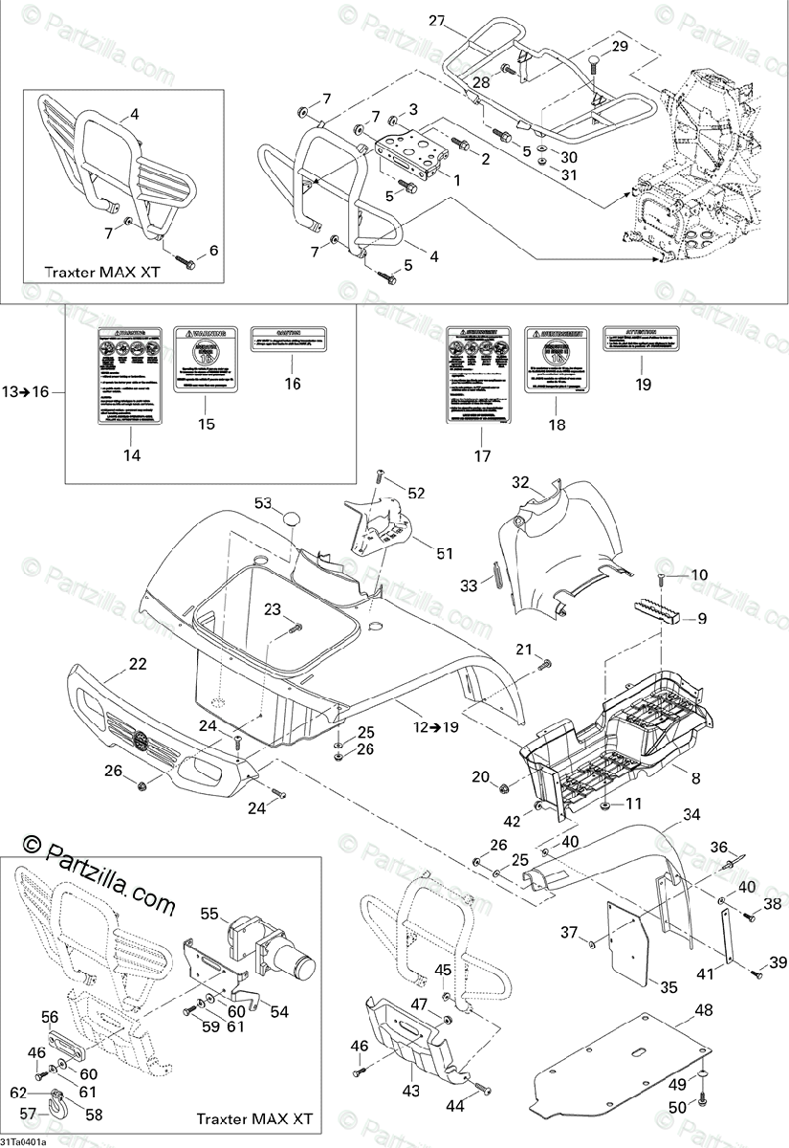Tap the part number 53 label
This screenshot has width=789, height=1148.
(x=262, y=503)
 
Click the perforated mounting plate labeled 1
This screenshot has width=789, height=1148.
(x=414, y=153)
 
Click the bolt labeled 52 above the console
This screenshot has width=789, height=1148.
(x=381, y=475)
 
